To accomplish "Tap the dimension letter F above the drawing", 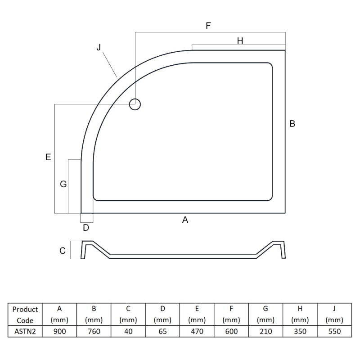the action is pos(208,26).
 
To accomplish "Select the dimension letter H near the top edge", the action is pos(240,41).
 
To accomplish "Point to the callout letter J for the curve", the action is pos(99,47).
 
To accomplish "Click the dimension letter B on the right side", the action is pos(292,123).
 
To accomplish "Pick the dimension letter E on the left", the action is pos(48,157).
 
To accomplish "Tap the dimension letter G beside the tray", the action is pos(63,184).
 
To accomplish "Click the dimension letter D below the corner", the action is pos(86,228).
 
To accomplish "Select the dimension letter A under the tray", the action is pos(185,220).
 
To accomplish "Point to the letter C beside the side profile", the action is pos(63,251).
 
